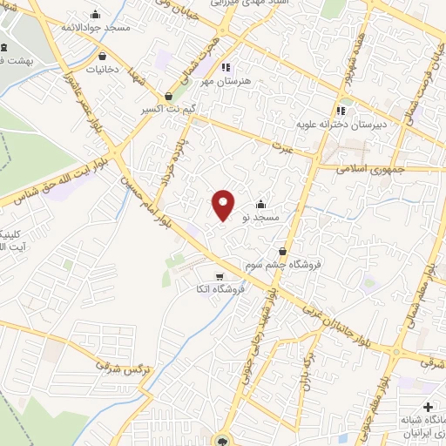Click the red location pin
click(223, 204)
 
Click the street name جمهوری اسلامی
click(367, 166)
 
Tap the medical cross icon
click(427, 407)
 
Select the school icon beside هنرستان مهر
click(225, 67)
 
